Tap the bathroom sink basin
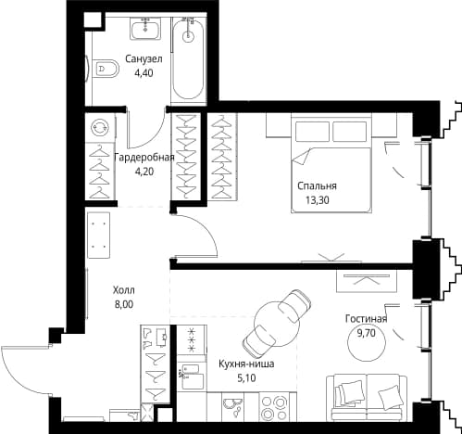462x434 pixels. click(145, 29)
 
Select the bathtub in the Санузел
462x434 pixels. click(188, 58)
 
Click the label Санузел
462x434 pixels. click(144, 58)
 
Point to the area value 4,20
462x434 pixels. click(144, 171)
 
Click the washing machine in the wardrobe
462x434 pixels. click(100, 127)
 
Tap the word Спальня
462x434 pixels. click(317, 185)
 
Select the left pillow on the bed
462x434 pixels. click(312, 131)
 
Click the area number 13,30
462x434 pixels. click(318, 200)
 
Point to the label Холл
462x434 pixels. click(124, 290)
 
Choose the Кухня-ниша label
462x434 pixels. click(246, 364)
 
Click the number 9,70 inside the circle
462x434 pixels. click(367, 333)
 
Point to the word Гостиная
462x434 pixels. click(366, 319)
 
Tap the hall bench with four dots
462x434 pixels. click(99, 235)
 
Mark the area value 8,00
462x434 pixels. click(124, 304)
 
